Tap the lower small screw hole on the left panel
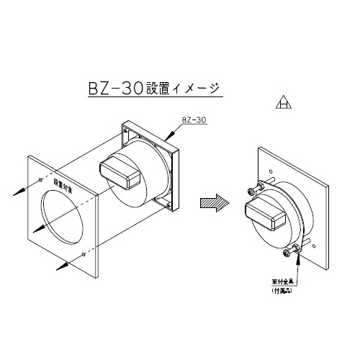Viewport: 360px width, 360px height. pyautogui.click(x=85, y=255)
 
